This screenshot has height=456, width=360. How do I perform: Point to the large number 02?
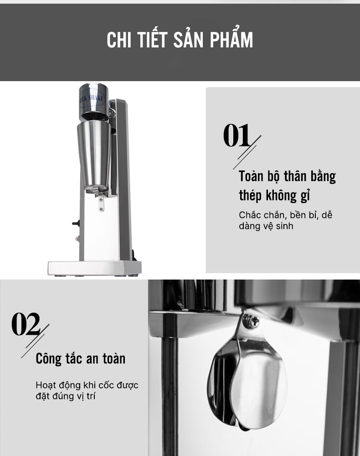coord(26,324)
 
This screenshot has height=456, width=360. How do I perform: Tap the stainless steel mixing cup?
coord(94,153)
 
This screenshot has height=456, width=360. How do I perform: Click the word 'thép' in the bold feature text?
coord(250,196)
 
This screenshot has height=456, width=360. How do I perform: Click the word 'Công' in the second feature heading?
coord(48,358)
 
